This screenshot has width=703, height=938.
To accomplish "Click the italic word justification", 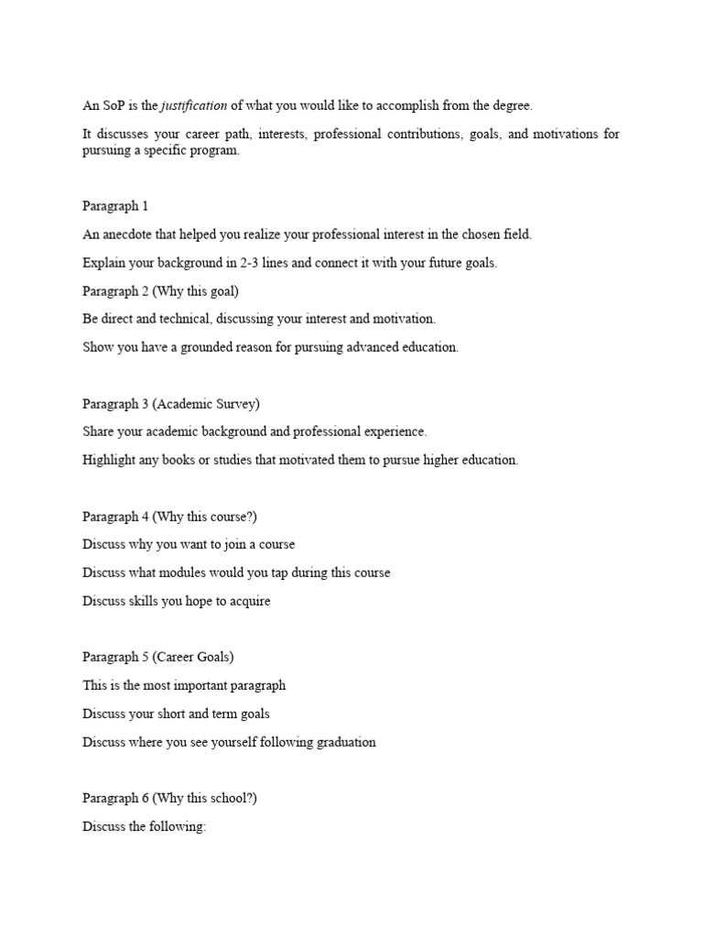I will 194,106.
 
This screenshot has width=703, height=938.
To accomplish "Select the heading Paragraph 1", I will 115,206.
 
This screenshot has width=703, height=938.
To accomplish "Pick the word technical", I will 196,320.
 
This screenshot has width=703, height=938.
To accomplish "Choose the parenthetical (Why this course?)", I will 205,517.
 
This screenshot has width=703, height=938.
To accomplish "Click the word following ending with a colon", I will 183,826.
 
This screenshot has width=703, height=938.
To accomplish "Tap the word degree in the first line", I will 512,106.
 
